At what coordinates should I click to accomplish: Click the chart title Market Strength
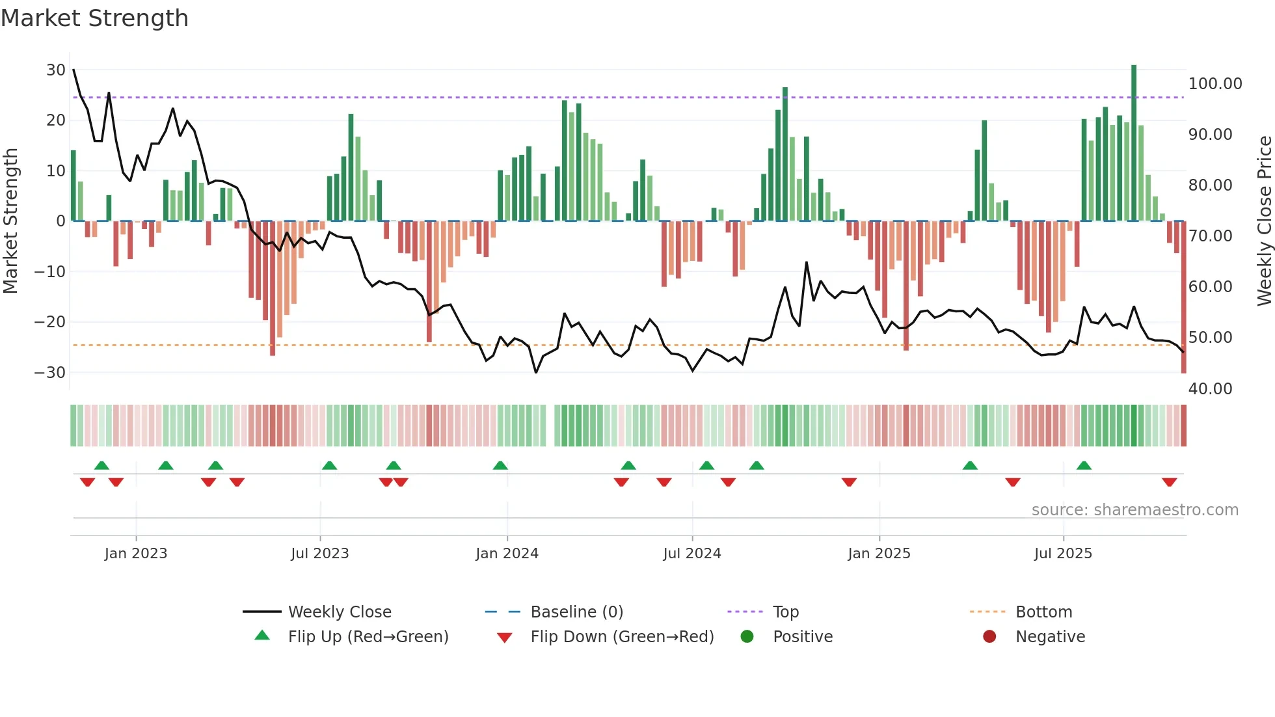pyautogui.click(x=94, y=18)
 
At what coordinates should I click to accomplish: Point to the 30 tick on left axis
pyautogui.click(x=56, y=70)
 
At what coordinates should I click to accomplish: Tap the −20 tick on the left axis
pyautogui.click(x=49, y=322)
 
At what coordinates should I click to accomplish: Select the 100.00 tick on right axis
pyautogui.click(x=1215, y=84)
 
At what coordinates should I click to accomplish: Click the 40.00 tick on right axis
pyautogui.click(x=1210, y=389)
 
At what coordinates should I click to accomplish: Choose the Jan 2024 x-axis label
pyautogui.click(x=507, y=554)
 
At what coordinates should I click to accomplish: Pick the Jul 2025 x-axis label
pyautogui.click(x=1063, y=554)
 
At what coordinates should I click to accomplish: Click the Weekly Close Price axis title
pyautogui.click(x=1264, y=221)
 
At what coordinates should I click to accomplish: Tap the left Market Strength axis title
pyautogui.click(x=10, y=221)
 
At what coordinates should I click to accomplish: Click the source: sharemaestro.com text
pyautogui.click(x=1134, y=510)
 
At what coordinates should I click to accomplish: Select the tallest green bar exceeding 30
pyautogui.click(x=1134, y=143)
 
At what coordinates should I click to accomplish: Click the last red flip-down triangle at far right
pyautogui.click(x=1169, y=482)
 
